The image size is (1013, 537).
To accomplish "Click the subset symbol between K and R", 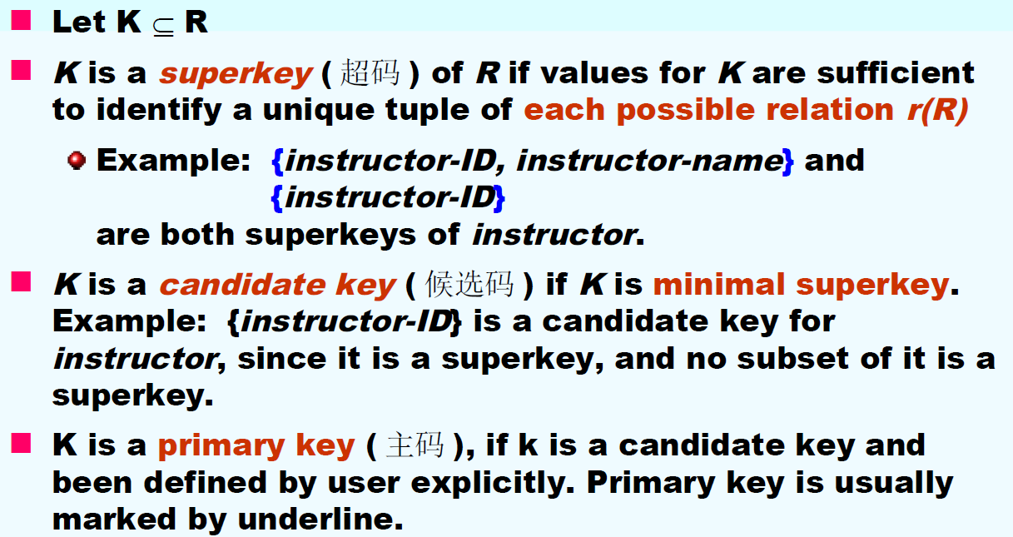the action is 163,27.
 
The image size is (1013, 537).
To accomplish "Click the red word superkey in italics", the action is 236,74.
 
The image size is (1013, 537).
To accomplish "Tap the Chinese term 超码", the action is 370,72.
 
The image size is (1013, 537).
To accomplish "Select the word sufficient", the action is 896,72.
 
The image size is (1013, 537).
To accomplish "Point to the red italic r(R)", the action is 937,110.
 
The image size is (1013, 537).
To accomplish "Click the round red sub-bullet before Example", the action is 77,160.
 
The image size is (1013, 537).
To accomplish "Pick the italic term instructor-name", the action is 650,161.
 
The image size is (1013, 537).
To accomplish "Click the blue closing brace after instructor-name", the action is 788,162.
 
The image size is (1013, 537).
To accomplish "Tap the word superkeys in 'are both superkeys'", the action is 330,236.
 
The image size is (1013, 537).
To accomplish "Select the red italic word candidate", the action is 242,285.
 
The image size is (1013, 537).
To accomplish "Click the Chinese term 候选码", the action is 469,284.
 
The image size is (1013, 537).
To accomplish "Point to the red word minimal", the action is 718,285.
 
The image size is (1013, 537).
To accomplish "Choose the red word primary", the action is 221,446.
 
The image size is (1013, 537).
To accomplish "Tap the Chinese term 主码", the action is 415,445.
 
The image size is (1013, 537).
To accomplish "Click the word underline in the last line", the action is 320,520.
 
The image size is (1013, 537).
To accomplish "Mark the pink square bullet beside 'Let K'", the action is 22,21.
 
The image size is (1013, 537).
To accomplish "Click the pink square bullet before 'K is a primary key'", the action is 22,444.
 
